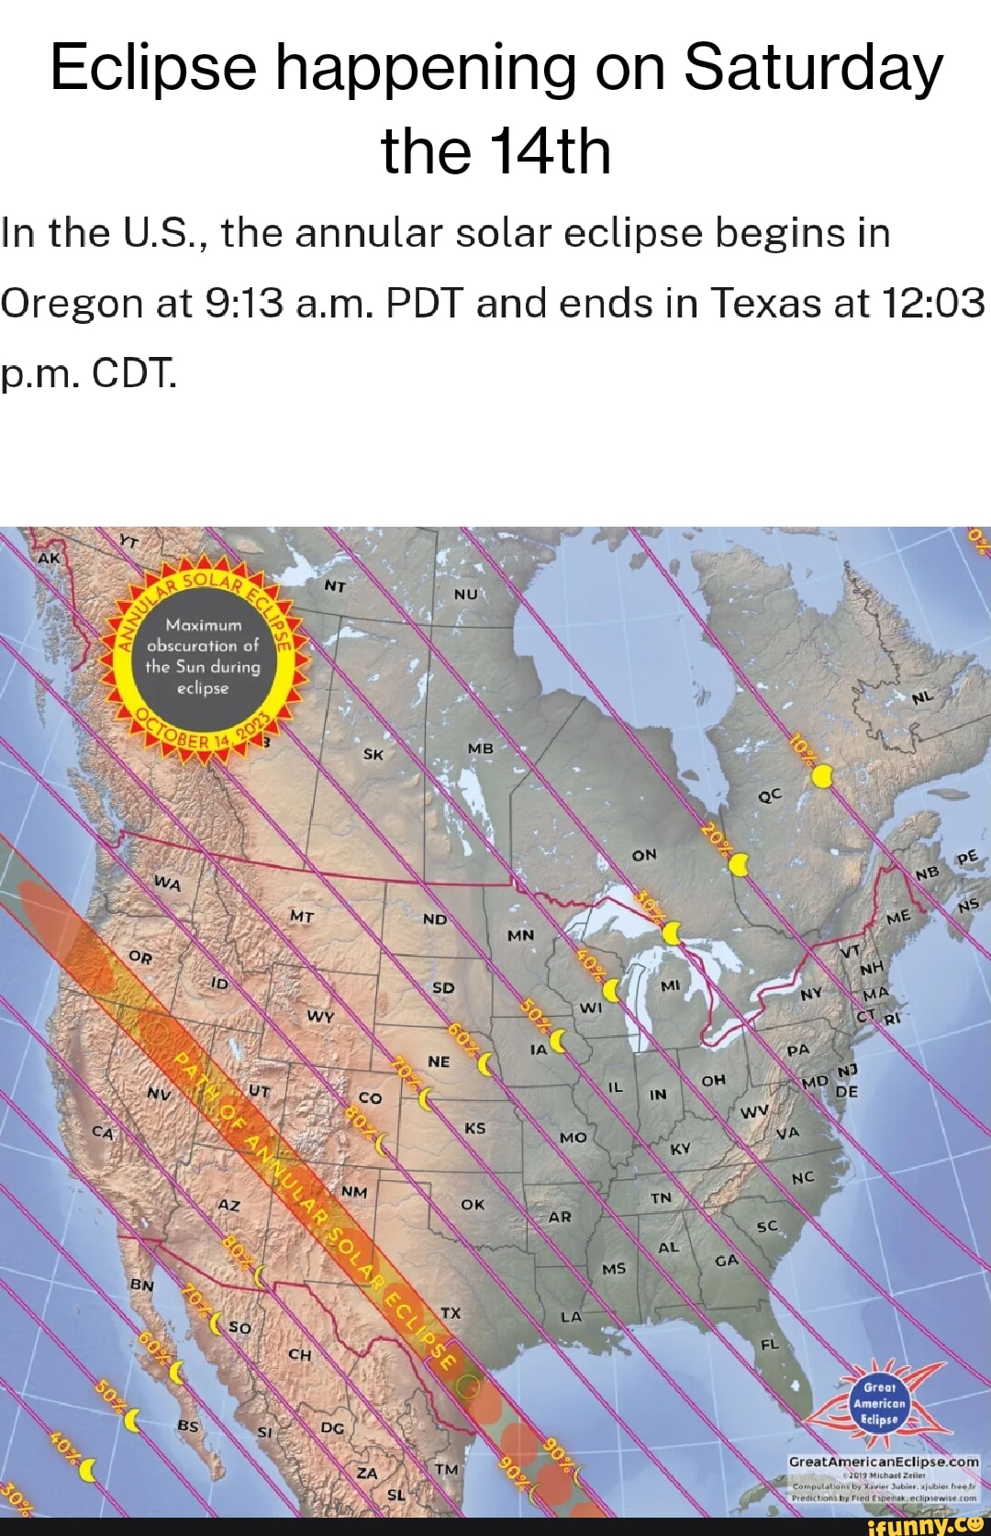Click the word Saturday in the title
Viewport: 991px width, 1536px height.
point(813,68)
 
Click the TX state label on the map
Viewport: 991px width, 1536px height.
point(451,1313)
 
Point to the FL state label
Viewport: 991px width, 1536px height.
point(769,1344)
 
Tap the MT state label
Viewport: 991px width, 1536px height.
point(302,916)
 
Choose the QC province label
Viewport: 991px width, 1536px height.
point(770,796)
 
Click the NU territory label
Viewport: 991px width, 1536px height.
point(466,594)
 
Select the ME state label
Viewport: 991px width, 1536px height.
point(898,917)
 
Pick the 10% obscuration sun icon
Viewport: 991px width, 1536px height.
point(822,776)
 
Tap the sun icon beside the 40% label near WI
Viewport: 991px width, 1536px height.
point(612,990)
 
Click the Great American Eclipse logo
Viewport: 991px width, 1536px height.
point(879,1404)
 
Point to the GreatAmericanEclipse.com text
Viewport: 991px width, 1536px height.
point(884,1462)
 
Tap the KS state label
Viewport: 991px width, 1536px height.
point(474,1128)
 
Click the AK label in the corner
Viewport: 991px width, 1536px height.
point(48,557)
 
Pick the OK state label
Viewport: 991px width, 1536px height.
point(473,1204)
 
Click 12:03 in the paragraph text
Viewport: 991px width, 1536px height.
point(932,303)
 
